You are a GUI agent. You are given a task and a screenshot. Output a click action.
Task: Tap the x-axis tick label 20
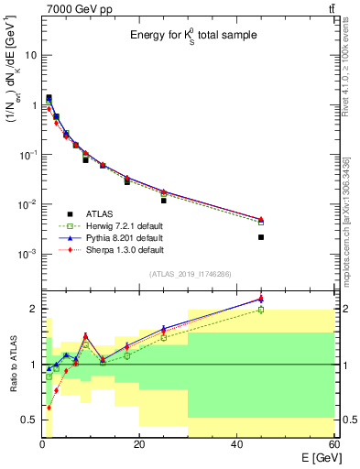(139, 445)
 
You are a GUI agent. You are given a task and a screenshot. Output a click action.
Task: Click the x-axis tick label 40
(236, 445)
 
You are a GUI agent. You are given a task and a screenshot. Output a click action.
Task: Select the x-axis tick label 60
(333, 445)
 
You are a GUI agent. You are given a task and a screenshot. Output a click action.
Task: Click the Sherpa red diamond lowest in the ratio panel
(49, 408)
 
